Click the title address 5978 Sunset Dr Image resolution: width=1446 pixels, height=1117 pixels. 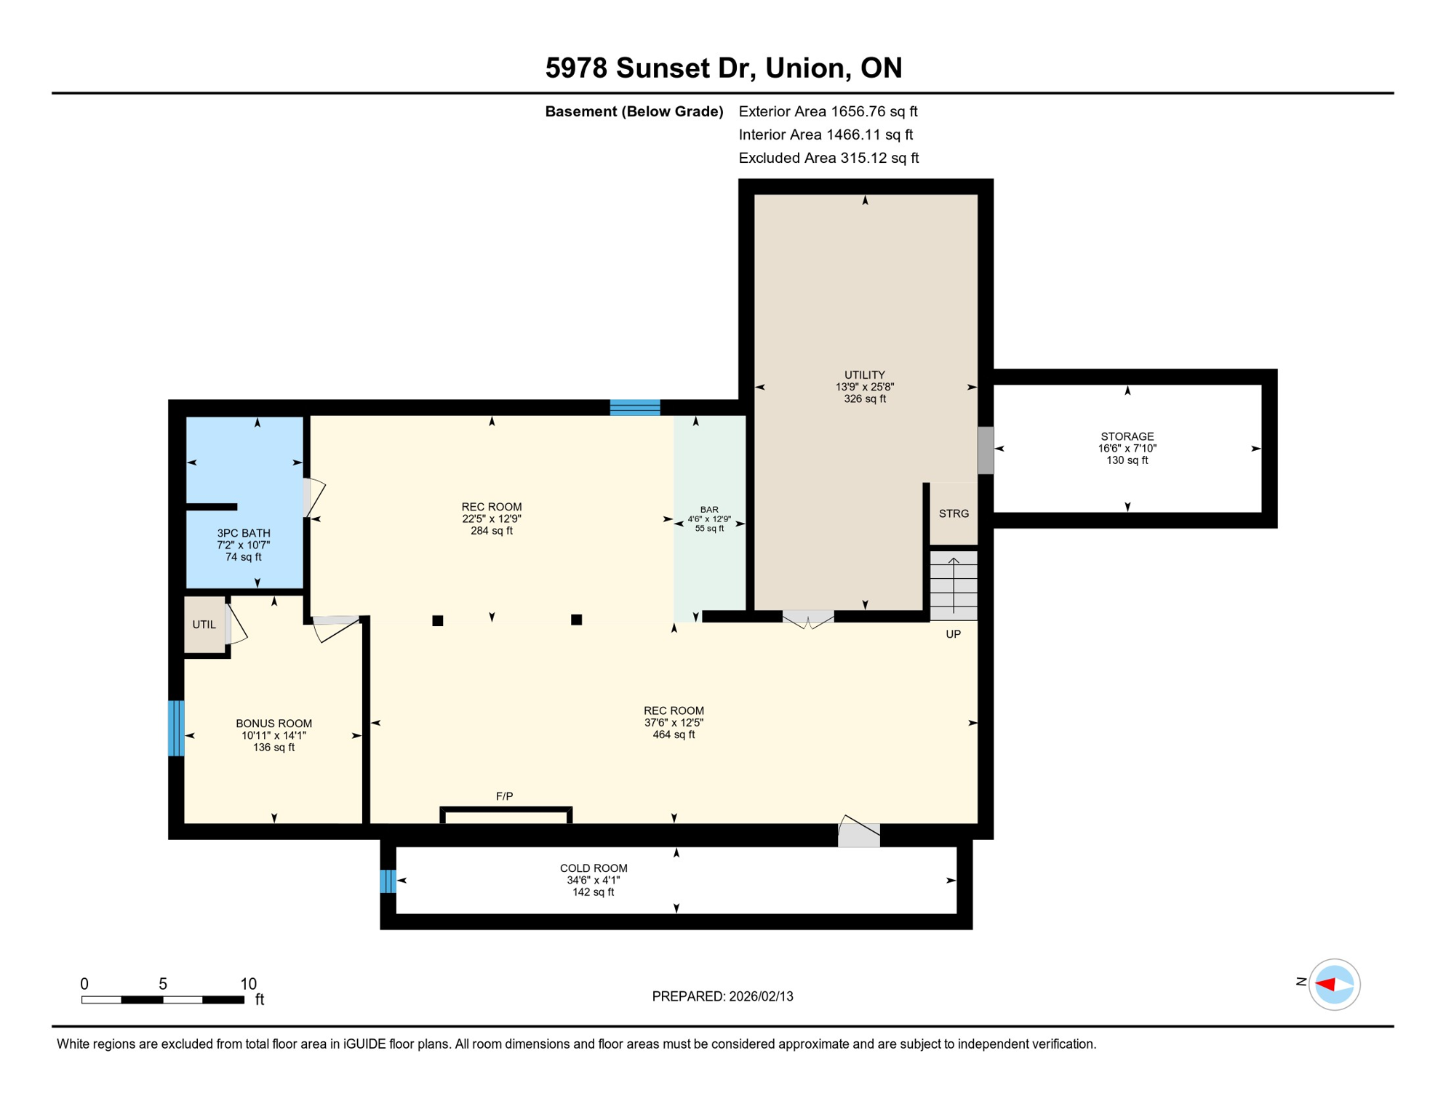coord(723,68)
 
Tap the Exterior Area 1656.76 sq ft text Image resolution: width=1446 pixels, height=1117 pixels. coord(828,111)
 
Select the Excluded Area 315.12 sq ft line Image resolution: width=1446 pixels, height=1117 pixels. coord(828,158)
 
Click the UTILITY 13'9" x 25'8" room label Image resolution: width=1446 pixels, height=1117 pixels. coord(864,386)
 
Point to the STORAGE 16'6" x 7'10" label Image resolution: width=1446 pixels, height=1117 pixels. coord(1127,448)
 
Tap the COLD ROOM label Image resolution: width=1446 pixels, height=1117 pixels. coord(593,879)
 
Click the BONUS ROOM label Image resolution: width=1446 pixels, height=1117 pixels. coord(273,734)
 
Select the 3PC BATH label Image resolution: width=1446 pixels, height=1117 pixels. coord(243,544)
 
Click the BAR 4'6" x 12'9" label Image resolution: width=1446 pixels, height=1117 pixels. coord(708,519)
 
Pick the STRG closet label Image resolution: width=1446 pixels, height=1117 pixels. coord(953,513)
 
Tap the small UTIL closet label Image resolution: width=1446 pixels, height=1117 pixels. coord(204,624)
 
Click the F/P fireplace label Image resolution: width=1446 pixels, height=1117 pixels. coord(504,796)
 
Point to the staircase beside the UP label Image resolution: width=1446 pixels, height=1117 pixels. coord(953,585)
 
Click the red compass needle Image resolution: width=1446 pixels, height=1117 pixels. coord(1325,984)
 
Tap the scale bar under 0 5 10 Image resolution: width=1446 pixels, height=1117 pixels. coord(162,1000)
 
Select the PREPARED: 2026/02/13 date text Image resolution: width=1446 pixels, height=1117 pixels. coord(722,996)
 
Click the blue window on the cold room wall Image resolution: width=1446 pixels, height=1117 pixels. coord(388,881)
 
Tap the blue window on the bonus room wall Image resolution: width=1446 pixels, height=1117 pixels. coord(176,728)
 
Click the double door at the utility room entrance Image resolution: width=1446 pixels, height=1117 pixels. coord(807,618)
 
